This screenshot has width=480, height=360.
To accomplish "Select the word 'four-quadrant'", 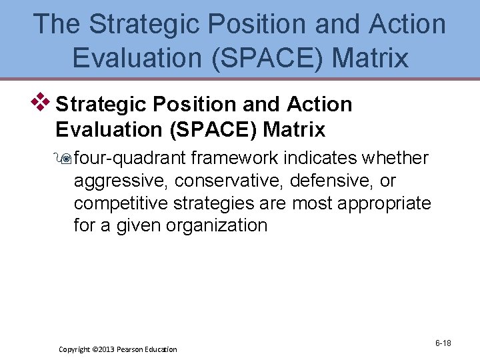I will [x=132, y=158].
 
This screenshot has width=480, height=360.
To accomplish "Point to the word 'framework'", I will [x=237, y=158].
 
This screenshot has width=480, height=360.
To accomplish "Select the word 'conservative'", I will [x=216, y=181].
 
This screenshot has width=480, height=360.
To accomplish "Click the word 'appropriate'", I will [x=385, y=203].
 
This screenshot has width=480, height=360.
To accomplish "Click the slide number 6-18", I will [x=443, y=343].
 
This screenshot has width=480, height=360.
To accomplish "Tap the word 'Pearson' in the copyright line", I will [x=133, y=349].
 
